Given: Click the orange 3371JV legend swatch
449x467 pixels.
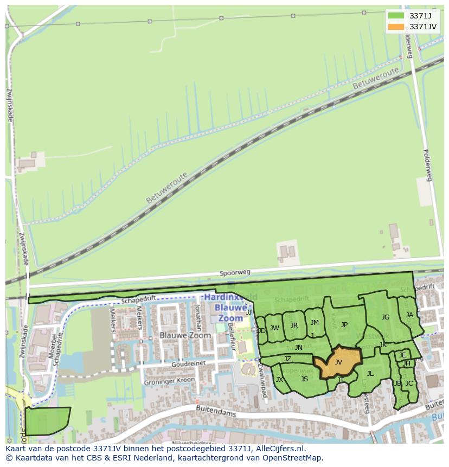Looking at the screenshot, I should coord(396,27).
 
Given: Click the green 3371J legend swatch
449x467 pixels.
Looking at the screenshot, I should coord(396,16).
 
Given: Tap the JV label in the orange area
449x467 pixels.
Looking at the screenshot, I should coord(338,362).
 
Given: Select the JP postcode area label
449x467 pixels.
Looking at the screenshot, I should coord(344,325).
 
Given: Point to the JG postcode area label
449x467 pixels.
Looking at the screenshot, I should coord(385,317).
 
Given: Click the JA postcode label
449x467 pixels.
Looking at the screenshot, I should coord(409,315).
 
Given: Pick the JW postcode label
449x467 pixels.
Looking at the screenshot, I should coord(274,328).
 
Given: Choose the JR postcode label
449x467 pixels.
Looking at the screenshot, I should coord(294,325).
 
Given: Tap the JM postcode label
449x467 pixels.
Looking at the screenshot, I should coord(315,323).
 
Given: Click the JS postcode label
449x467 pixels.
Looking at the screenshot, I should coord(304,379).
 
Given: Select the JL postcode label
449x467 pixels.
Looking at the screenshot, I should coord(370,373).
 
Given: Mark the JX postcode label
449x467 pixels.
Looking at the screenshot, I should coord(279,379).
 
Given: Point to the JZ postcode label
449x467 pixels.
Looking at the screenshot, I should coord(287,359).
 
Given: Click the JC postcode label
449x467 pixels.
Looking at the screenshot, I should coord(409,383).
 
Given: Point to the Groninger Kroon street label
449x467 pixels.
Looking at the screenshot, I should coord(169,381).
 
